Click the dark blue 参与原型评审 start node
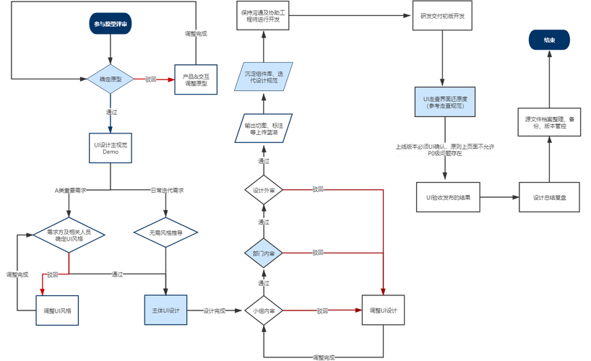click(x=110, y=25)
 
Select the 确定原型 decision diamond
click(x=110, y=78)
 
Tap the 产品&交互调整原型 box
click(x=196, y=79)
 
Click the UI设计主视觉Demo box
click(x=110, y=149)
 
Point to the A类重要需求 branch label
click(x=71, y=190)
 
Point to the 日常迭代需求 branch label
click(x=166, y=190)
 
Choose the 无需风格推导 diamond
click(x=166, y=233)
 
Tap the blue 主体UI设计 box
click(x=166, y=310)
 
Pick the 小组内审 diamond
click(x=263, y=310)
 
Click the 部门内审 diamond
click(x=263, y=253)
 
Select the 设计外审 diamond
click(x=263, y=190)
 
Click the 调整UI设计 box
click(x=383, y=310)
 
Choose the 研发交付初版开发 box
click(x=442, y=16)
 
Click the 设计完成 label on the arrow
click(x=215, y=311)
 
